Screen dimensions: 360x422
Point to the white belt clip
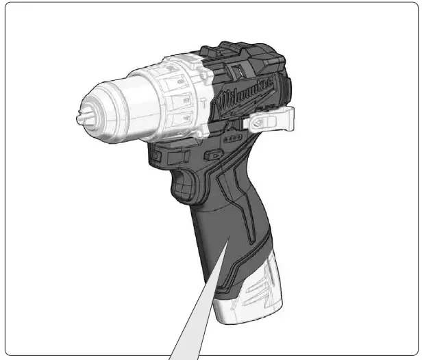coord(271,120)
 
